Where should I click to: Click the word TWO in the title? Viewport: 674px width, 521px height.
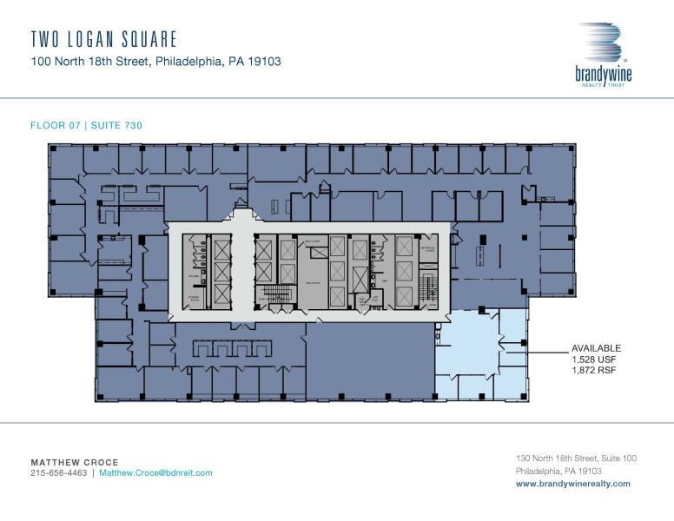click(x=45, y=39)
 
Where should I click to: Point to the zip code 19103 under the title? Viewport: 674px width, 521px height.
click(x=262, y=62)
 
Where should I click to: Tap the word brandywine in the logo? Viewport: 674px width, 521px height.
click(x=603, y=76)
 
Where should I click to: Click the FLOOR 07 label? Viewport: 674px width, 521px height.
click(x=54, y=126)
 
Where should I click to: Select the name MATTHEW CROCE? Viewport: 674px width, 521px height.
click(x=75, y=462)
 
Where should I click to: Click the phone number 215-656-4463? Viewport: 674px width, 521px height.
click(x=58, y=473)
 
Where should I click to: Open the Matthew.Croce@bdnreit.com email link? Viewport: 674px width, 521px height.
click(x=155, y=473)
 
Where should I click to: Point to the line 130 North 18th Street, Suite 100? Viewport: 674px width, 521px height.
click(x=576, y=458)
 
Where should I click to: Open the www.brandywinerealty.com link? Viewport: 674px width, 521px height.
click(x=573, y=484)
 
